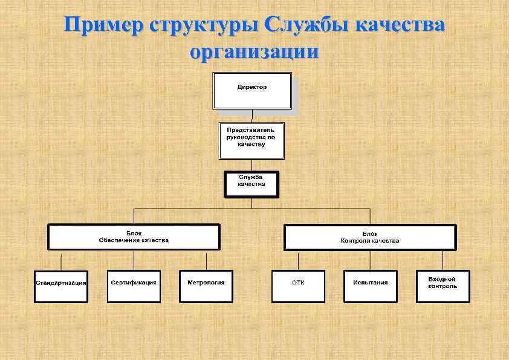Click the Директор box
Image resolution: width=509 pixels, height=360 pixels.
251,91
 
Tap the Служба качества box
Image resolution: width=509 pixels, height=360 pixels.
251,184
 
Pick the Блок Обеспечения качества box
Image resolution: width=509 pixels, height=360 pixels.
134,237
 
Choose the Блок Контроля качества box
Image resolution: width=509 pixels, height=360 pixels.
370,237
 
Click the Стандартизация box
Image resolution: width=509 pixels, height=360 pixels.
61,286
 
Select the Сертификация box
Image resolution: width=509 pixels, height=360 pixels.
134,286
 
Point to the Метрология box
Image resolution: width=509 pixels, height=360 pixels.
206,286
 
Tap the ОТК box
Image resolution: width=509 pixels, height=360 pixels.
298,286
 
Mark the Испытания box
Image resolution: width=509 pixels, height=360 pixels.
371,286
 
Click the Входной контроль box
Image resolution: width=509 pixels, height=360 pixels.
443,286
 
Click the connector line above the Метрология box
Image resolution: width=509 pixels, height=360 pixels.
206,260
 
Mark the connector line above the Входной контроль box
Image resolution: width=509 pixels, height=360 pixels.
443,260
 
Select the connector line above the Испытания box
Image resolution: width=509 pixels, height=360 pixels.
371,260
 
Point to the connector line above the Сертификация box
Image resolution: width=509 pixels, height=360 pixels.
134,260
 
